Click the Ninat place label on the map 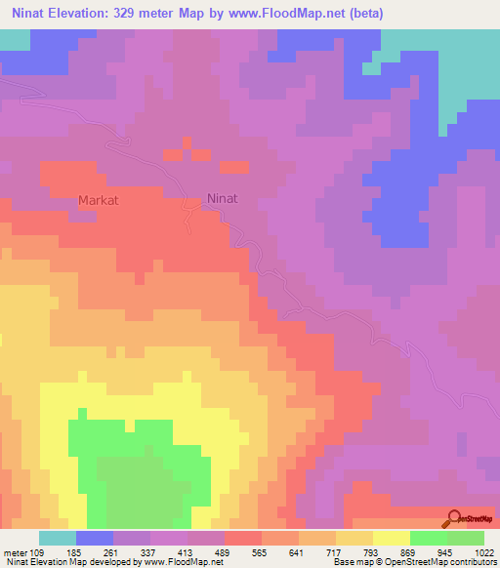coord(223,198)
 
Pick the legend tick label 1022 coord(482,552)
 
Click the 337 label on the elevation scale coord(158,552)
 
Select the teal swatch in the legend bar coord(57,538)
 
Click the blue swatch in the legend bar coord(94,538)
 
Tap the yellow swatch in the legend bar coord(391,538)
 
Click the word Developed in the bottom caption coord(97,563)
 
